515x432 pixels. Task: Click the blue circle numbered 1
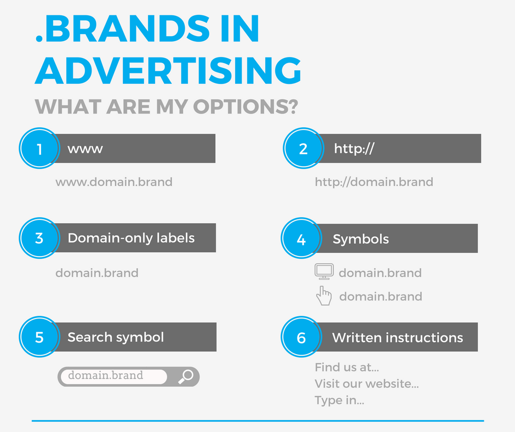click(x=39, y=148)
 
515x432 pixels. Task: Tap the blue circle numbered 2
click(x=304, y=148)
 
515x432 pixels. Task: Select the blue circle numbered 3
click(x=39, y=238)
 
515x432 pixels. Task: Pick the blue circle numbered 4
click(x=301, y=238)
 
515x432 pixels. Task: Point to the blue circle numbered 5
click(x=39, y=337)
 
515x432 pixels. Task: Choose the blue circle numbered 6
click(x=301, y=337)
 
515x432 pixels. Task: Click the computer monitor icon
click(x=324, y=271)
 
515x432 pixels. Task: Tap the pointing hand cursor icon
click(x=324, y=295)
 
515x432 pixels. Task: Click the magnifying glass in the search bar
click(x=186, y=377)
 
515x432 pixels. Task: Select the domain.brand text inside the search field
click(x=105, y=376)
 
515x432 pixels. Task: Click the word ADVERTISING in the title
click(x=168, y=70)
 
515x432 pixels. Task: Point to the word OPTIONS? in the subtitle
click(x=245, y=106)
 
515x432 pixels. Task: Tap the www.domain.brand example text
click(x=114, y=182)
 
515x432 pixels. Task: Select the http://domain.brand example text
click(x=374, y=182)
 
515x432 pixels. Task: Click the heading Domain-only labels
click(x=131, y=238)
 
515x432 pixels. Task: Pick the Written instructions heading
click(x=397, y=338)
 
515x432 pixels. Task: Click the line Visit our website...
click(x=367, y=384)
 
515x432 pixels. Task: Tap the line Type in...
click(x=340, y=400)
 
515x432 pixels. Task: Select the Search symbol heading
click(x=116, y=337)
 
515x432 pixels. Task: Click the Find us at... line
click(x=347, y=367)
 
